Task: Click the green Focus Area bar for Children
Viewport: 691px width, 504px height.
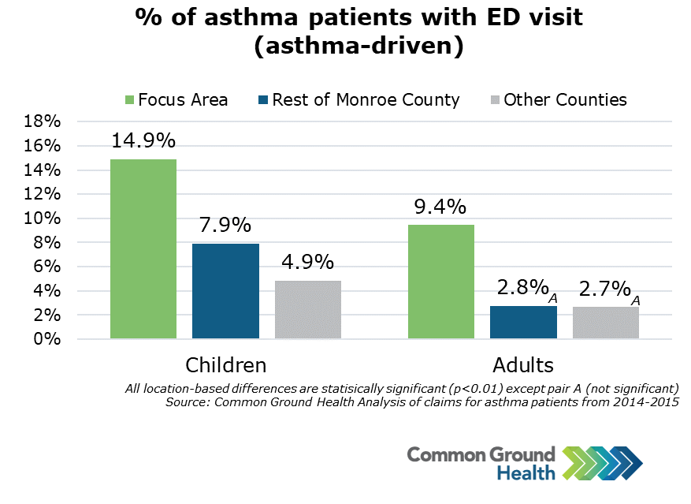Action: pyautogui.click(x=143, y=249)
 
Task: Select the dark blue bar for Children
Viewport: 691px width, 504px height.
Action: pyautogui.click(x=225, y=291)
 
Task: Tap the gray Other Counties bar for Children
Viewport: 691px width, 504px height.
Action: pyautogui.click(x=308, y=309)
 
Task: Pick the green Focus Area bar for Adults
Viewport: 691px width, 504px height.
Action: pyautogui.click(x=440, y=282)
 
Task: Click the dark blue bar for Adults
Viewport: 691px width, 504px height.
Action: pyautogui.click(x=523, y=323)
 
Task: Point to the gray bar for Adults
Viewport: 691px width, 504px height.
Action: pyautogui.click(x=605, y=323)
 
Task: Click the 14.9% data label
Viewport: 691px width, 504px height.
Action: pyautogui.click(x=143, y=141)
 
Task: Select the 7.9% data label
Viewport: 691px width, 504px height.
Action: pyautogui.click(x=225, y=226)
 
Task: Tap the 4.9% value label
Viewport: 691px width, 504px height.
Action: pyautogui.click(x=307, y=263)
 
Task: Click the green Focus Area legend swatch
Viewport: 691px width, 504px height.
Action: pyautogui.click(x=130, y=100)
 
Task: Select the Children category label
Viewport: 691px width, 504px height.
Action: pyautogui.click(x=225, y=365)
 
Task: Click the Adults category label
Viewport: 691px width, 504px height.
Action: pyautogui.click(x=523, y=365)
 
